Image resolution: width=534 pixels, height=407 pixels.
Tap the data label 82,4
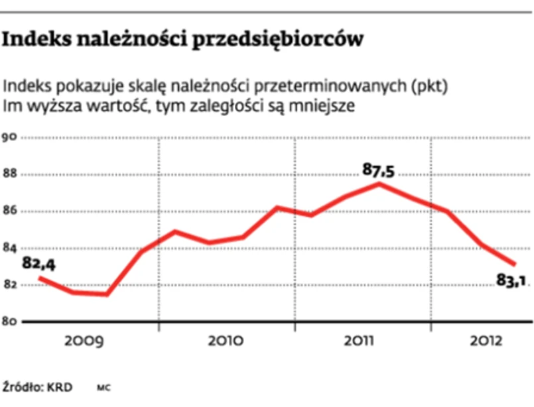pos(38,264)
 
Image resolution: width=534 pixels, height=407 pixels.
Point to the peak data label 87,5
pos(378,170)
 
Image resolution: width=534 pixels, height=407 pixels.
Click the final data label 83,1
pos(511,282)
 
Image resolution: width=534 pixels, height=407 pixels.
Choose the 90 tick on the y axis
pos(9,138)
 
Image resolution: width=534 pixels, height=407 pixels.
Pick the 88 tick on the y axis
pos(9,175)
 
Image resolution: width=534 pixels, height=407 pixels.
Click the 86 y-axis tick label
pos(9,212)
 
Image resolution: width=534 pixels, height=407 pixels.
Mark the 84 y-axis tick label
pos(9,249)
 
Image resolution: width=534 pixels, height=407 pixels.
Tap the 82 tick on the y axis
pos(9,286)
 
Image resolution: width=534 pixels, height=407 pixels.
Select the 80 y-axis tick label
pos(9,322)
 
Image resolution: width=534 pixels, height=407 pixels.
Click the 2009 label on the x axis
pos(84,342)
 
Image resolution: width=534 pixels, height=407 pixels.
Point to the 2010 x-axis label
pos(226,342)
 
